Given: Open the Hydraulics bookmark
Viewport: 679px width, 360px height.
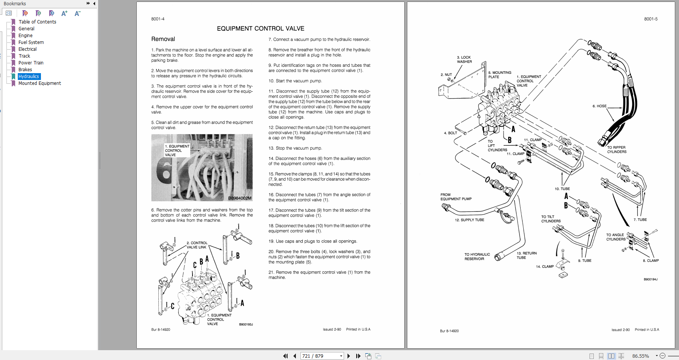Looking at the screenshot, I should (x=29, y=77).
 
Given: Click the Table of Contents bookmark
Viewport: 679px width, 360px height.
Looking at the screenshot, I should (x=37, y=22).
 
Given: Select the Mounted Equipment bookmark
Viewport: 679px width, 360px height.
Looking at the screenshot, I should (x=39, y=83).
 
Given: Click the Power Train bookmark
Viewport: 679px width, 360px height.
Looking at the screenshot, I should (x=31, y=63).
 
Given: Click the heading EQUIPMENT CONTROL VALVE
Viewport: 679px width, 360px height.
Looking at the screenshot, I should (x=260, y=28).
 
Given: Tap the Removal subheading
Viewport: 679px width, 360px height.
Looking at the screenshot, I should (x=163, y=39).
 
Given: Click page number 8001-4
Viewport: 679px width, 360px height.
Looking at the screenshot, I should (x=158, y=19).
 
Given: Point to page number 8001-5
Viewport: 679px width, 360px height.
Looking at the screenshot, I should (x=651, y=19).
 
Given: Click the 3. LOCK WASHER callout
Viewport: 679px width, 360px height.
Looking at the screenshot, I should (x=464, y=59).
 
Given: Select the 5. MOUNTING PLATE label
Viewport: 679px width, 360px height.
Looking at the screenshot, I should (x=499, y=75).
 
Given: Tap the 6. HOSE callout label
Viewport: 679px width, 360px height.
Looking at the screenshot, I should (x=599, y=106).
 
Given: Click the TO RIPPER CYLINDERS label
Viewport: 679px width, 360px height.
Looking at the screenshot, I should (x=616, y=150).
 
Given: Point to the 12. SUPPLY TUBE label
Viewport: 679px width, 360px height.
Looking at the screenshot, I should (x=469, y=220).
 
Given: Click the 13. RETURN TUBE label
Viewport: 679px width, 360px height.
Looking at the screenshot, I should (x=526, y=255).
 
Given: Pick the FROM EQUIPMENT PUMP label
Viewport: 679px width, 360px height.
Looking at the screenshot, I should (x=456, y=197).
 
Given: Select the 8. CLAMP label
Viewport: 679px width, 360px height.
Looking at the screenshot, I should (x=651, y=261).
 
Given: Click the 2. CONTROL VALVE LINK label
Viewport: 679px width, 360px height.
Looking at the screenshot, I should (x=197, y=245).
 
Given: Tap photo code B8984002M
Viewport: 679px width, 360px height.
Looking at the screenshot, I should (x=239, y=198).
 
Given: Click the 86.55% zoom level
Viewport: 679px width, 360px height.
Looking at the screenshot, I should (x=640, y=356).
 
